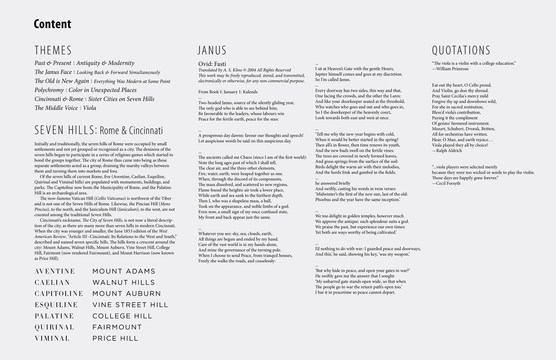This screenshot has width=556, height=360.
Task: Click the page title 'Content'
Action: (52, 24)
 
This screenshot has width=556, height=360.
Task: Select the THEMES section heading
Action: (53, 50)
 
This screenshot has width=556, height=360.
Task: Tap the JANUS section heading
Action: (212, 50)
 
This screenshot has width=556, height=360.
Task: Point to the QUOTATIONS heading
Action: (461, 50)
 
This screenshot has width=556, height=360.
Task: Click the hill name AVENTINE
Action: (55, 271)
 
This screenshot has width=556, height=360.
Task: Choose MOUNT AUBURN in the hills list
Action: (127, 294)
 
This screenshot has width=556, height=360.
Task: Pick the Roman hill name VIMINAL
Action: (52, 338)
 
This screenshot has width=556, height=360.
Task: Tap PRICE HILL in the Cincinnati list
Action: (115, 338)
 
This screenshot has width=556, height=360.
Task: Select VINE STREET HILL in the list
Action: (130, 305)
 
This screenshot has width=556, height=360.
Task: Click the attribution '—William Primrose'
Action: (450, 69)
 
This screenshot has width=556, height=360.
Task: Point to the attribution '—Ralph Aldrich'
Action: (447, 150)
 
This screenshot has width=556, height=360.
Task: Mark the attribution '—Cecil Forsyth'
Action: (446, 183)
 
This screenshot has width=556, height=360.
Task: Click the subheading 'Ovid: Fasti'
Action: (212, 64)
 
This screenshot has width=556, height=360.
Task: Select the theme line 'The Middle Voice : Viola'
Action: (65, 108)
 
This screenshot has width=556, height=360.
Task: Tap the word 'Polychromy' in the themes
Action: (49, 90)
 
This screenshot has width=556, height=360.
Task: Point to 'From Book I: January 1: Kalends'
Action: (228, 92)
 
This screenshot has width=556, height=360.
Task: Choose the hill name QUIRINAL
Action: (54, 327)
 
